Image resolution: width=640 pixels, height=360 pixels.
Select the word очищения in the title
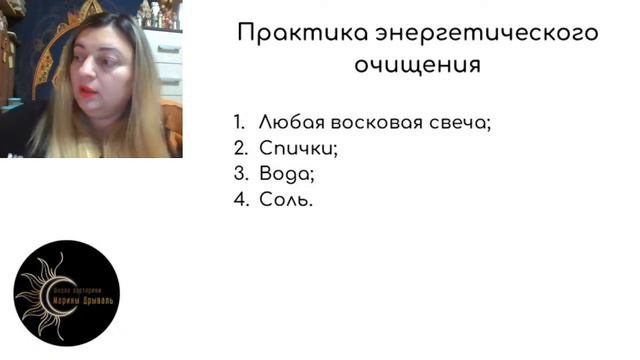(x=417, y=65)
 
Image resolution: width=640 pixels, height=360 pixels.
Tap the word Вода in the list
(x=285, y=174)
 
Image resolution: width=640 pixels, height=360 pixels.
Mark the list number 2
(x=239, y=149)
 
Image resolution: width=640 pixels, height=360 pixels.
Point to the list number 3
(x=239, y=174)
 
